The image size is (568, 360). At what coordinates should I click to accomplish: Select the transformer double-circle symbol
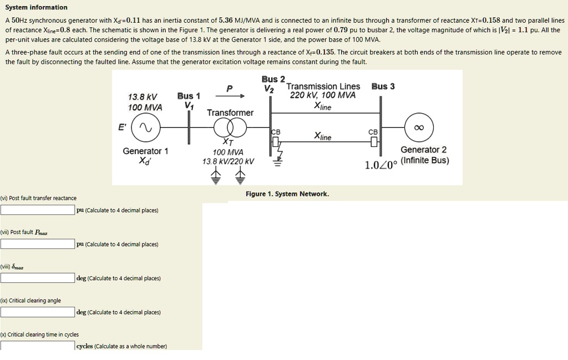tap(230, 128)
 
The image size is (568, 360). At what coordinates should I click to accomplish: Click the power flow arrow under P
tap(230, 96)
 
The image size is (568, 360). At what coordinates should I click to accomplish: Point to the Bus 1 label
tap(189, 96)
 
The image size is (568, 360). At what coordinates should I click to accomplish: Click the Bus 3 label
tap(383, 87)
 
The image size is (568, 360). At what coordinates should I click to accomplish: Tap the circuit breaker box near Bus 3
tap(374, 142)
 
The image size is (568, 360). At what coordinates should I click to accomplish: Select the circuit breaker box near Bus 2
tap(276, 142)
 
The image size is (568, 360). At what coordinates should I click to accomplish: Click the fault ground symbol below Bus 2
tap(277, 163)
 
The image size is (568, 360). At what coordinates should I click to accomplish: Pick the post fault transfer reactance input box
tap(37, 210)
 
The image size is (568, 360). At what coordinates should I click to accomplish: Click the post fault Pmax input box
tap(37, 244)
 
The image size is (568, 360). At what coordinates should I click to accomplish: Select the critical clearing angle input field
tap(37, 312)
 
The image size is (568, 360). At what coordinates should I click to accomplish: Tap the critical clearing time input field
tap(37, 346)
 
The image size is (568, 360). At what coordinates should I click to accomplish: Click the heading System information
tap(36, 7)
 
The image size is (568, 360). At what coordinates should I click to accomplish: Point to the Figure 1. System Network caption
tap(287, 194)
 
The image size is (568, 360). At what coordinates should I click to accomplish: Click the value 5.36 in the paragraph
tap(226, 21)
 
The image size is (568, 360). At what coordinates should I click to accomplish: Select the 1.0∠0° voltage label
tap(381, 165)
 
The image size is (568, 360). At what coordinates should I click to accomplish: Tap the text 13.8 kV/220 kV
tap(228, 161)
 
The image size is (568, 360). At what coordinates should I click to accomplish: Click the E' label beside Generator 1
tap(123, 127)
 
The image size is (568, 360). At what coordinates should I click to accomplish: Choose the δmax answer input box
tap(37, 278)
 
